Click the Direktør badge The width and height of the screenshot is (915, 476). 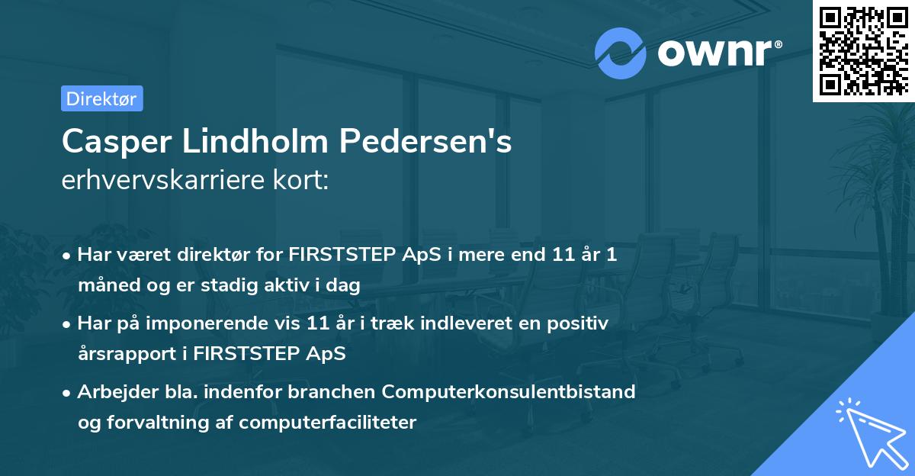pos(101,98)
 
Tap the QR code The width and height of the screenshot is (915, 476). pos(863,50)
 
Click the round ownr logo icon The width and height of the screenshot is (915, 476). pos(621,53)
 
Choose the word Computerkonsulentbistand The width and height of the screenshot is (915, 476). pos(509,391)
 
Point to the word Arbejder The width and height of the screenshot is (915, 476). pos(111,391)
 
